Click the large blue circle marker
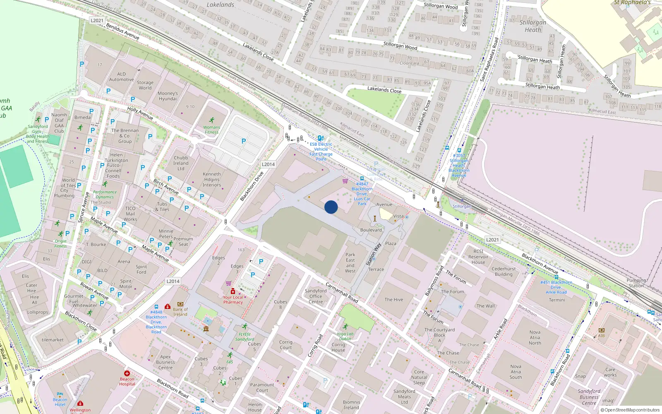(331, 207)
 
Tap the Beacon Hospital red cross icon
(127, 373)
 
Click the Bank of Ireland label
(180, 312)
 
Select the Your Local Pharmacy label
(233, 300)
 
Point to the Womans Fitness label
(211, 130)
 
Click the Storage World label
(145, 85)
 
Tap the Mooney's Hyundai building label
(168, 96)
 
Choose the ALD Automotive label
(121, 77)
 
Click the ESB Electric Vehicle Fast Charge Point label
(321, 152)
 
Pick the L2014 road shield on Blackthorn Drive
(268, 164)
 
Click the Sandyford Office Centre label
(316, 296)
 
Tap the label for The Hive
(393, 300)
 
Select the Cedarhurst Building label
(504, 272)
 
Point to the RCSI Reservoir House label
(478, 257)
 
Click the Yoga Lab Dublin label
(345, 336)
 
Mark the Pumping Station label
(636, 283)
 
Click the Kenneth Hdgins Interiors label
(211, 180)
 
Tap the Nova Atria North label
(535, 337)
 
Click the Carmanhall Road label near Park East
(342, 292)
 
